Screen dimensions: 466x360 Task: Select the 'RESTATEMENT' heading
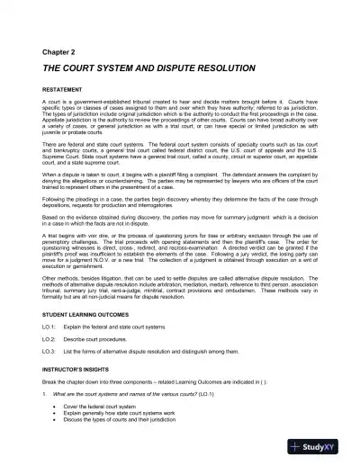click(x=61, y=92)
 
